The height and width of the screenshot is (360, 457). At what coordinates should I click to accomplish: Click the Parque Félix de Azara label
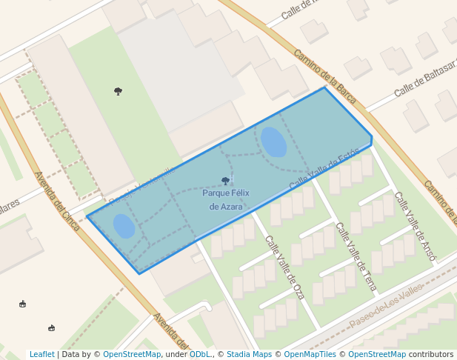(226, 199)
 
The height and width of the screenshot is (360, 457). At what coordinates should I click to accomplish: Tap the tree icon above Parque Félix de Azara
(226, 181)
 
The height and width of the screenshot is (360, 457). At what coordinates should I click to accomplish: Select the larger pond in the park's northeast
(273, 142)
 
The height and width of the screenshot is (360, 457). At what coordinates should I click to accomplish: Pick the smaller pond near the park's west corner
(124, 226)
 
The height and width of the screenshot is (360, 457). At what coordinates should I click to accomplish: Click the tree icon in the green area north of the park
(118, 91)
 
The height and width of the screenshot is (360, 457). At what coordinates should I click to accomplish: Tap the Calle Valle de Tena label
(356, 256)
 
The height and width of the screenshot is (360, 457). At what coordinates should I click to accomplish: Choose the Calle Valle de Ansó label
(416, 226)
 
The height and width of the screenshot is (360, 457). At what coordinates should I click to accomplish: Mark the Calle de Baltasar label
(424, 81)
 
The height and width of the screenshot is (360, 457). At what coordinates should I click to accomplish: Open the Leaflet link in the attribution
(42, 355)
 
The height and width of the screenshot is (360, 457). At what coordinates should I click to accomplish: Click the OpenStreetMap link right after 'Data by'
(132, 355)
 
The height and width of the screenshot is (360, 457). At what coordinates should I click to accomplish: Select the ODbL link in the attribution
(200, 355)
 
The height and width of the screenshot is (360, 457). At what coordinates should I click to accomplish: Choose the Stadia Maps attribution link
(249, 355)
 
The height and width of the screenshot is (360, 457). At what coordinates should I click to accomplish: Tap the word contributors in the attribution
(431, 355)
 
